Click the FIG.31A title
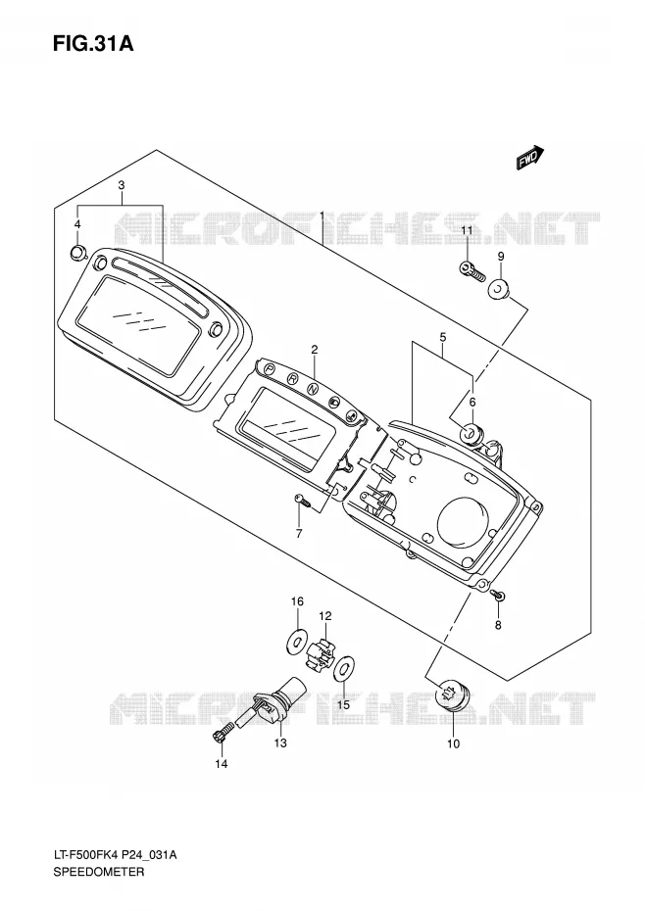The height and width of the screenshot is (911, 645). point(93,43)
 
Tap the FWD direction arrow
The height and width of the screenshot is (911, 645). point(530,158)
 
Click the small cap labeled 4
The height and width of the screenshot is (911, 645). point(77,253)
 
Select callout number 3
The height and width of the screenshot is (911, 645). point(122,185)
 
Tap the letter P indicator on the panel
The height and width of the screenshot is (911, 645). point(270,368)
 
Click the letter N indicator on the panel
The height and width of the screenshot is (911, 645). point(314,388)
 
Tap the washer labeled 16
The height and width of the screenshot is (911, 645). point(297,641)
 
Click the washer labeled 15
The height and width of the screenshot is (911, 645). point(344,669)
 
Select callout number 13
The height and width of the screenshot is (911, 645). point(280,743)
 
